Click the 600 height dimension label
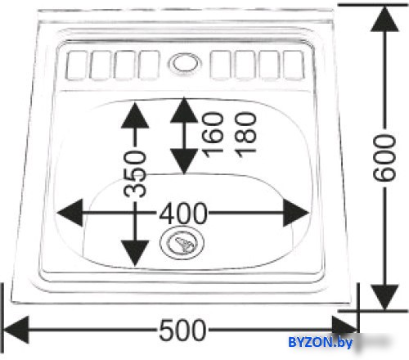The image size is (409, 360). coord(384,158)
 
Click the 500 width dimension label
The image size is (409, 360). coord(182,330)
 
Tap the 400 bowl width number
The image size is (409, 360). coord(183,214)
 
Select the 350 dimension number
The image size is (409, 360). coord(135,174)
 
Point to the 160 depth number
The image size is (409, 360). coord(213,135)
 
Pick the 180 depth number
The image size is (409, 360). coord(246,135)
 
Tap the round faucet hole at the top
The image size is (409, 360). coord(186,64)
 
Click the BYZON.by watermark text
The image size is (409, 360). coord(321,342)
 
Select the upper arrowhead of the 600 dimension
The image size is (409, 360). coord(384,19)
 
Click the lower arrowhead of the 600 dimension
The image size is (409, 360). coord(384,297)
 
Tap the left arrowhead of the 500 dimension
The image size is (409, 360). coord(16,330)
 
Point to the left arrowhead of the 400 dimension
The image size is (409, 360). coord(70,213)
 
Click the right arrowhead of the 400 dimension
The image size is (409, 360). coord(296,213)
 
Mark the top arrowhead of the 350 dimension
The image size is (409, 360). coord(135,115)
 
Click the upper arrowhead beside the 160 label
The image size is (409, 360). coord(184,110)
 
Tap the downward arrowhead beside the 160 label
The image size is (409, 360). coord(184,161)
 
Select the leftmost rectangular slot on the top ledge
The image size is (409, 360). coord(77,65)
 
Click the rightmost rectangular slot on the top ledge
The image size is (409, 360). coord(294,65)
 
